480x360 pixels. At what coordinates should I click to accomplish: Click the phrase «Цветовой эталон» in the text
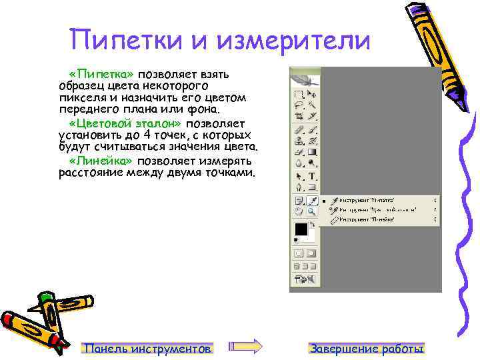(x=126, y=124)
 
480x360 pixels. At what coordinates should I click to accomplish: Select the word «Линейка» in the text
(x=101, y=161)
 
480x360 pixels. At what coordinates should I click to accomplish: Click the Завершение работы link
(x=367, y=348)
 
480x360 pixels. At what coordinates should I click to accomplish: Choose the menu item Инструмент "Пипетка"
(x=367, y=200)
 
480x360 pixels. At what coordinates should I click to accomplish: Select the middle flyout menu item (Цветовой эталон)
(x=370, y=209)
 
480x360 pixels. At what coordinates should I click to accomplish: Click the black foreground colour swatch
(x=301, y=229)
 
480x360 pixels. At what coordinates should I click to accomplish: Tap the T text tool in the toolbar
(x=312, y=177)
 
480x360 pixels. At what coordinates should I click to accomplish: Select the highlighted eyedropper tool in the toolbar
(x=311, y=201)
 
